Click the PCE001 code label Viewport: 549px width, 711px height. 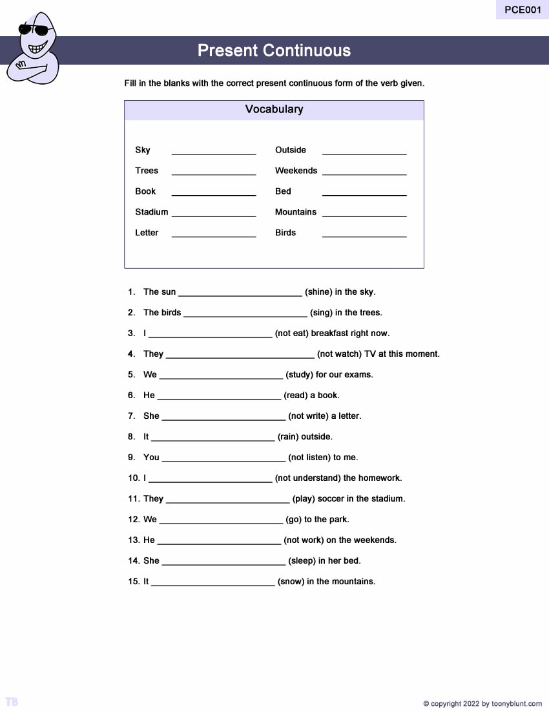point(523,10)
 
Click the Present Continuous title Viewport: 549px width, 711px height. point(274,50)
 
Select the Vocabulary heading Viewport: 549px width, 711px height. point(274,109)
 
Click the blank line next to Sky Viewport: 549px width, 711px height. point(214,153)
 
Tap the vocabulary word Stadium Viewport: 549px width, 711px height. point(151,212)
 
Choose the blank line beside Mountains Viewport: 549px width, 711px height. point(364,215)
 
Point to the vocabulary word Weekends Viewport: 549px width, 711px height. point(296,171)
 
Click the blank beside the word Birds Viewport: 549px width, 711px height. point(364,235)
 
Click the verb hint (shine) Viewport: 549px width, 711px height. point(318,292)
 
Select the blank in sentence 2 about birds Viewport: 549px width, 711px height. point(245,315)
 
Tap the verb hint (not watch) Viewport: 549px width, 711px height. point(342,354)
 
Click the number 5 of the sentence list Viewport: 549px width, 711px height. point(131,375)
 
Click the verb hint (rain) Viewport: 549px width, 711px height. point(288,437)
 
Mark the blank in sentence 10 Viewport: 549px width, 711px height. point(210,481)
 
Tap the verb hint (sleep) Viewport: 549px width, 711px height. point(302,561)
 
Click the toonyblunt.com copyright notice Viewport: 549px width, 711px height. point(482,704)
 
